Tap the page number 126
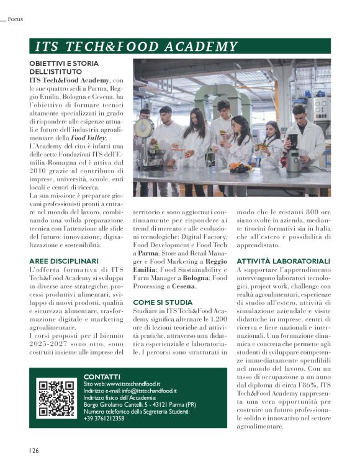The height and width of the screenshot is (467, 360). pyautogui.click(x=33, y=450)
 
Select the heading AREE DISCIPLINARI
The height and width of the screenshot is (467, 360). pyautogui.click(x=64, y=261)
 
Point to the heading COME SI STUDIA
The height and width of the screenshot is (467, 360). pyautogui.click(x=163, y=302)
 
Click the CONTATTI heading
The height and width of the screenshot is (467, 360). pyautogui.click(x=102, y=376)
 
